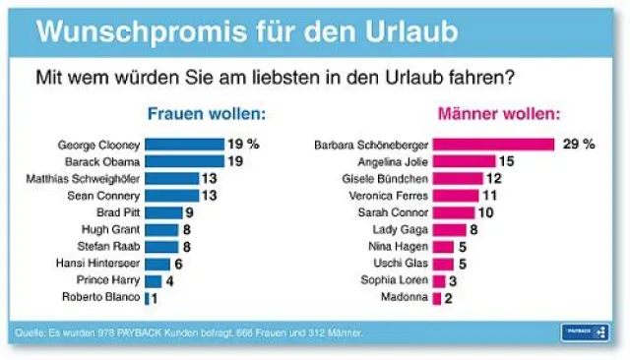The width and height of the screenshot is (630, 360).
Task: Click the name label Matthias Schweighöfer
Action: (84, 178)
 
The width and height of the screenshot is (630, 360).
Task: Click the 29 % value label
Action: (578, 145)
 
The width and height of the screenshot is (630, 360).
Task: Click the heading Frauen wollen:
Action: (206, 113)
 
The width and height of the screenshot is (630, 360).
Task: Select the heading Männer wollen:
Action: (507, 113)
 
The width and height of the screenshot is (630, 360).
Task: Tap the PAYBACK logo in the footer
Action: (585, 332)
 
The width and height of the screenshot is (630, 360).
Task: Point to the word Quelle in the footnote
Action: (28, 333)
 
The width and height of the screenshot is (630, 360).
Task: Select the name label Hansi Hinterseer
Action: (102, 264)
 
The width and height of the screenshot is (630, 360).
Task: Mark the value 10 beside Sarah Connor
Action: (486, 212)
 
